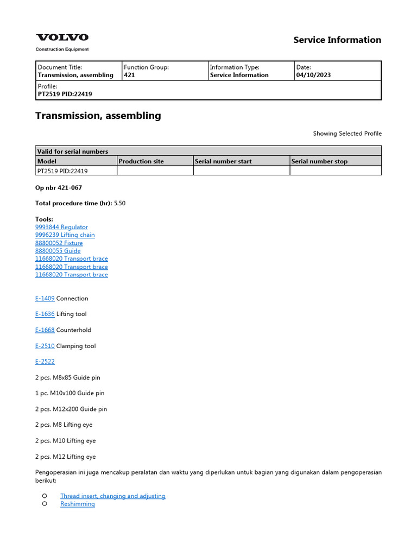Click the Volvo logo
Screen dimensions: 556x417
(62, 37)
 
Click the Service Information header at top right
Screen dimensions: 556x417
(337, 40)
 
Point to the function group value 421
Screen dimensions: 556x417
(129, 75)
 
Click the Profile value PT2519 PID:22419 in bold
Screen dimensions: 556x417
(65, 94)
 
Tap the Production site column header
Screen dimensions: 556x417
(141, 161)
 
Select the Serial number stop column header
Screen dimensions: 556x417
(319, 161)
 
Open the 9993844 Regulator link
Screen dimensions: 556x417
(61, 227)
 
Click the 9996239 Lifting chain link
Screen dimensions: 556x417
(65, 235)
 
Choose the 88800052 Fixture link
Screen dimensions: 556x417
(59, 243)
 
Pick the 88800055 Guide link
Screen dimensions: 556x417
(58, 251)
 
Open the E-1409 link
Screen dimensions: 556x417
(45, 299)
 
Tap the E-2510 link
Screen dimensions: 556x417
(45, 346)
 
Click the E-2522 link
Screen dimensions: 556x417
(45, 362)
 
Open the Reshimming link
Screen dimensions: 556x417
(77, 504)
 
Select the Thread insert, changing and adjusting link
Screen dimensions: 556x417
(112, 496)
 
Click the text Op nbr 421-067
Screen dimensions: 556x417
(59, 187)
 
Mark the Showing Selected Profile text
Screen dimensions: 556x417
(347, 134)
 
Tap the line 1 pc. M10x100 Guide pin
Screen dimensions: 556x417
(69, 393)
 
